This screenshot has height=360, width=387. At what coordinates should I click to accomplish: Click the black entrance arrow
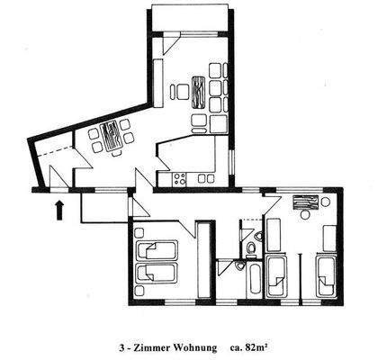click(x=59, y=211)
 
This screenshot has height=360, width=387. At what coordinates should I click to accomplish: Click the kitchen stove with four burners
click(x=178, y=178)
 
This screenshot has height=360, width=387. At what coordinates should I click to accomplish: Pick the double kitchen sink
click(x=207, y=178)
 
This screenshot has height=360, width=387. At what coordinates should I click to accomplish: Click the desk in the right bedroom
click(x=304, y=202)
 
